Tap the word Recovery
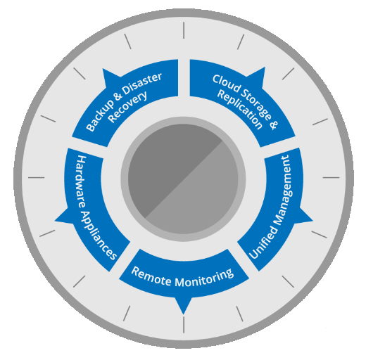128,107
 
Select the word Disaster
143,82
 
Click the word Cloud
227,84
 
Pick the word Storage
256,104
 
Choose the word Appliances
99,235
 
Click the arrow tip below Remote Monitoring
184,314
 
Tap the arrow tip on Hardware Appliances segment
56,220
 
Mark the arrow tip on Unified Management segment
313,220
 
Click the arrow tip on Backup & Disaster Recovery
103,69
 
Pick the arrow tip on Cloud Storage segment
265,67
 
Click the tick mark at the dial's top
184,30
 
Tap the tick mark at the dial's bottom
184,325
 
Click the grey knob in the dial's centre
183,179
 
